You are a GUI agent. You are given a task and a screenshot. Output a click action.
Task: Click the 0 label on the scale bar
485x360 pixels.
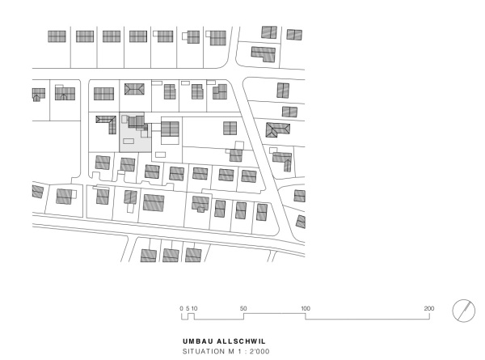(x=182, y=309)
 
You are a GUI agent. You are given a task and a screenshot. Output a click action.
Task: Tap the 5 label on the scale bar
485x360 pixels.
(x=188, y=309)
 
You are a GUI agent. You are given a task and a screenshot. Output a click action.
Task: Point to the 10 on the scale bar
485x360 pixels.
(x=195, y=309)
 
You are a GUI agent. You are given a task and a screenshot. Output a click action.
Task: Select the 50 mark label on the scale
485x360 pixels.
(x=244, y=309)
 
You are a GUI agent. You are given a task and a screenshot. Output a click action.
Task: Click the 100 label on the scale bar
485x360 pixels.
(x=306, y=309)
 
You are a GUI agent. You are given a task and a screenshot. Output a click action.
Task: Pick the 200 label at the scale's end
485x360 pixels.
(x=429, y=309)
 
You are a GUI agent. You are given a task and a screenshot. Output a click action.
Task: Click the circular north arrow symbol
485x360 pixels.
(x=463, y=311)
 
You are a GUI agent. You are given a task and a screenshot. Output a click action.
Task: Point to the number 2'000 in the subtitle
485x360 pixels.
(x=257, y=352)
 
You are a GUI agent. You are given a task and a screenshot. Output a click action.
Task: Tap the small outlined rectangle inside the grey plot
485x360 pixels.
(x=129, y=141)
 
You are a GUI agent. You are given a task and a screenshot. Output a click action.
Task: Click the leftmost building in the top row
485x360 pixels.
(x=56, y=36)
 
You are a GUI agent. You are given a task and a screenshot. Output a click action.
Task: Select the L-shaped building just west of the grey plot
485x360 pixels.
(x=106, y=121)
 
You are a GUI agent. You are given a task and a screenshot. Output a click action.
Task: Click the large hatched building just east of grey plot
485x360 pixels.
(x=170, y=129)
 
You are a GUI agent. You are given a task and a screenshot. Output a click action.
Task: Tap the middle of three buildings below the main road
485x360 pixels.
(x=171, y=255)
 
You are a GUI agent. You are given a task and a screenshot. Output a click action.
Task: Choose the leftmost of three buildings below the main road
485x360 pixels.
(x=148, y=255)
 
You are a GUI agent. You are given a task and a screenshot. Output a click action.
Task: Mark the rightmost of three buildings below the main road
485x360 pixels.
(x=192, y=255)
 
